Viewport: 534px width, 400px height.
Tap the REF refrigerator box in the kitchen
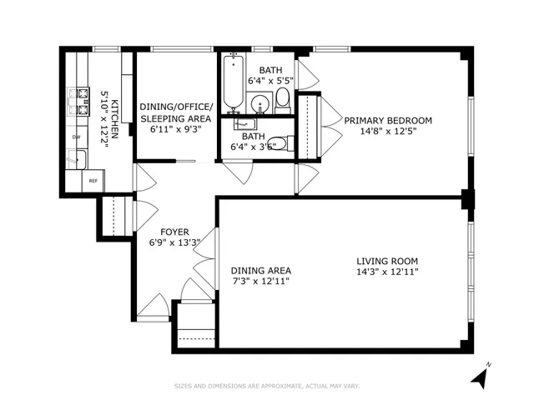93,180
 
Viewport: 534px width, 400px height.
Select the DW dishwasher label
76,137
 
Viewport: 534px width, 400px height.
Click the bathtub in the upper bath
234,83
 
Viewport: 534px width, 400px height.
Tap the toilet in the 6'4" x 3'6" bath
280,144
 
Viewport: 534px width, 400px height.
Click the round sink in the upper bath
260,105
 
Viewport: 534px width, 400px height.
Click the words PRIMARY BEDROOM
387,120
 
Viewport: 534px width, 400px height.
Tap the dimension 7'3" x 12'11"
260,281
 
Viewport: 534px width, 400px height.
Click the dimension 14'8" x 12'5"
387,131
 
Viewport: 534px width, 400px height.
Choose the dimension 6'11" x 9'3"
176,129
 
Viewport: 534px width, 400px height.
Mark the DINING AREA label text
260,270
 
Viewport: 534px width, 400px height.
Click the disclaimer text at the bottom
267,385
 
